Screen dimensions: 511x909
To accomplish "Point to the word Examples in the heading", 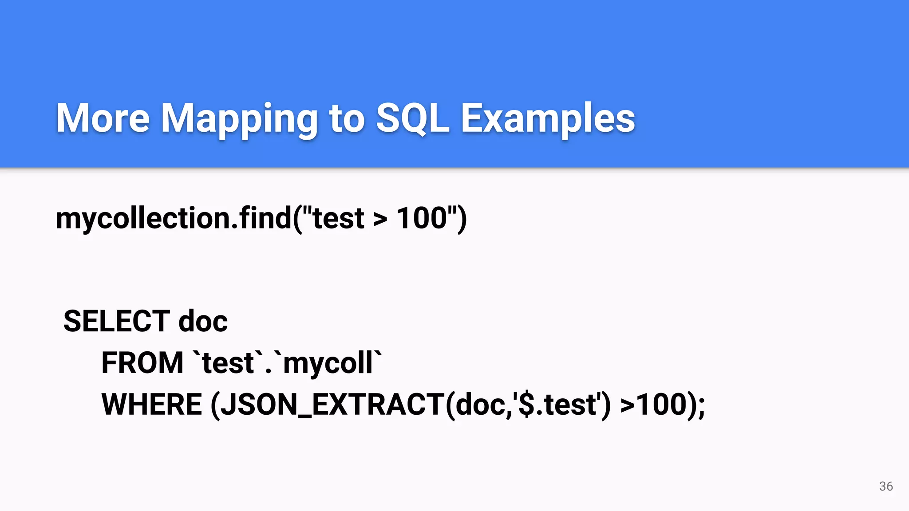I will click(x=548, y=119).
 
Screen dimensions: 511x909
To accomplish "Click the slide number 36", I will click(x=886, y=486).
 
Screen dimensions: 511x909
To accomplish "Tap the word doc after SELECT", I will click(x=203, y=321).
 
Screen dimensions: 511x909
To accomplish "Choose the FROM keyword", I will click(x=142, y=363).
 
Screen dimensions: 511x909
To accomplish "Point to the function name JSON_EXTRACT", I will click(x=333, y=405).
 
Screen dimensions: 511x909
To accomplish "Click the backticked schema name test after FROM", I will click(x=228, y=363).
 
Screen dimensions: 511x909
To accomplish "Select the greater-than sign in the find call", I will click(x=380, y=219).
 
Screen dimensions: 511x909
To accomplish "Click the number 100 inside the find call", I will click(x=422, y=218).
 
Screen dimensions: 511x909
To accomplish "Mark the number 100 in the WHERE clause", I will click(x=662, y=405).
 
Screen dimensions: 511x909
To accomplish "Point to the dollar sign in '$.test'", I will click(x=526, y=405).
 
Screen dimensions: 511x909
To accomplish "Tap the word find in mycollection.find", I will click(x=265, y=218).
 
